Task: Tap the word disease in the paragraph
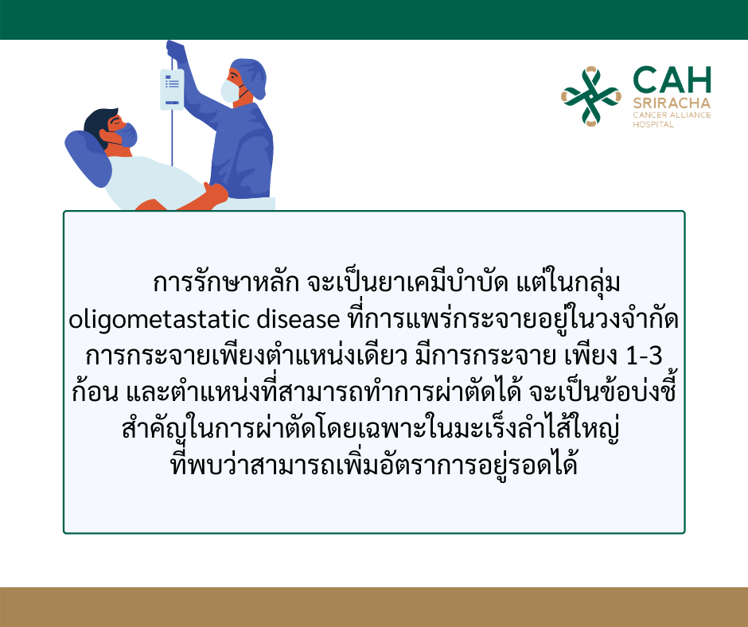pos(298,319)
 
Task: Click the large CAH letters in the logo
pos(672,80)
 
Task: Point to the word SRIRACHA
pos(672,103)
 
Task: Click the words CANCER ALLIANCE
pos(672,115)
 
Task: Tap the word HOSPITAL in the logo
pos(653,125)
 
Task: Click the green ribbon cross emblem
pos(591,96)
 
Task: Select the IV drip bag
pos(172,90)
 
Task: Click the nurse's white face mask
pos(229,90)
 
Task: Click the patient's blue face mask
pos(127,135)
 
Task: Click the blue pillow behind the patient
pos(88,158)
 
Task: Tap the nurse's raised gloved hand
pos(174,49)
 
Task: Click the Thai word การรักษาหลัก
pos(226,282)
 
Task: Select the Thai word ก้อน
pos(95,392)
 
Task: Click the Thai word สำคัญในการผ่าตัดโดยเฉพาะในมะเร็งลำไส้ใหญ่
pos(371,428)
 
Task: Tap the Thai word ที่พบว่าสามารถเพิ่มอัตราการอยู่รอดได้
pos(374,465)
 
